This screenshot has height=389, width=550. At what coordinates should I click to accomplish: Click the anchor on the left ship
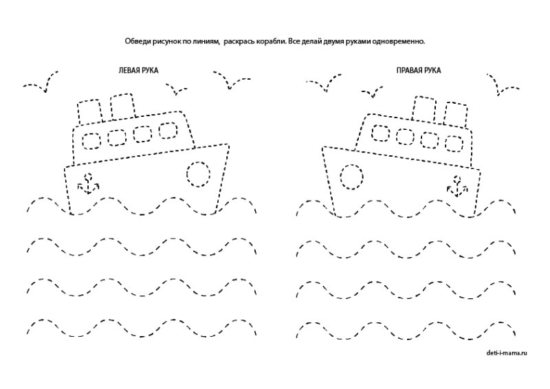(x=87, y=184)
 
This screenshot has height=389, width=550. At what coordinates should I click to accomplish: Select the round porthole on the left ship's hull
(x=198, y=174)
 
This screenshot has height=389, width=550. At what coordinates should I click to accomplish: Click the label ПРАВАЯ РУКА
(x=418, y=70)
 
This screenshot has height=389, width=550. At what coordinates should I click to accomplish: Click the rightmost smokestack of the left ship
(x=122, y=107)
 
